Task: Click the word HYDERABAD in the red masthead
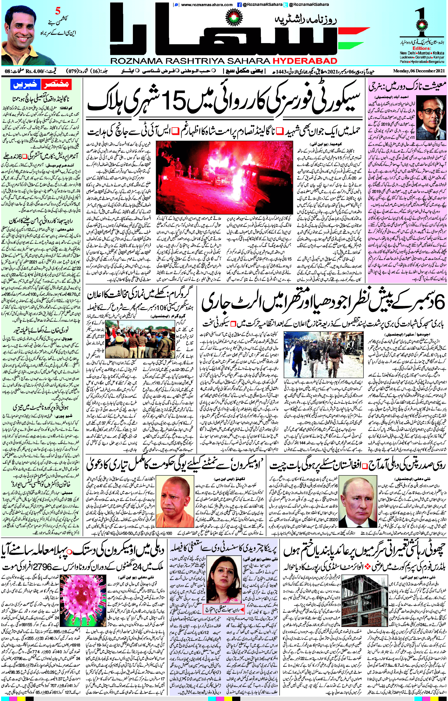click(305, 61)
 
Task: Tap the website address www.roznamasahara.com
click(207, 4)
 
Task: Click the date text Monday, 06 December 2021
click(419, 71)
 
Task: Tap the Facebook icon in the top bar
click(239, 4)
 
